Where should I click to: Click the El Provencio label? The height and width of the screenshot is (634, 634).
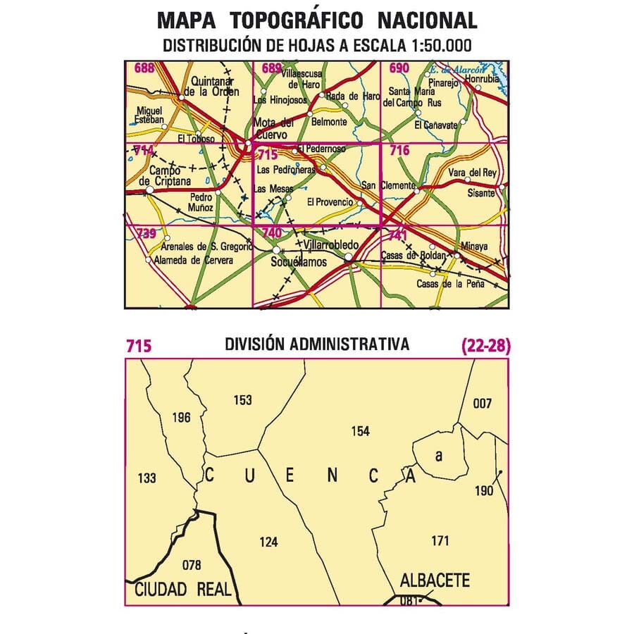(x=330, y=202)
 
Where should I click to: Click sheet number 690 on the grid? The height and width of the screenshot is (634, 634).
(x=399, y=68)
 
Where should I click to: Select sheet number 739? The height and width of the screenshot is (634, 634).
(x=146, y=233)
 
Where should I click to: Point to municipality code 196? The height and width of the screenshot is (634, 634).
(x=181, y=418)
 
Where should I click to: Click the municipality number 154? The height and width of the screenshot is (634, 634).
(x=359, y=431)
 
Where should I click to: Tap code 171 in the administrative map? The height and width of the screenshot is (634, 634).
(x=439, y=541)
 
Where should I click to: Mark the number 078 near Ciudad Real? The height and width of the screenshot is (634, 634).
(x=191, y=564)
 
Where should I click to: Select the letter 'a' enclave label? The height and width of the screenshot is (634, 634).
(x=438, y=456)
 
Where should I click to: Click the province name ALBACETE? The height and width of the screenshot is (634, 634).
(x=434, y=581)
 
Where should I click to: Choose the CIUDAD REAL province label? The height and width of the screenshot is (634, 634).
(x=183, y=590)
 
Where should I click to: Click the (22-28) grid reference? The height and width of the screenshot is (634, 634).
(x=485, y=346)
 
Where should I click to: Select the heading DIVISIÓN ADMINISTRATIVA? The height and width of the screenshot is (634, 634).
(x=317, y=344)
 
